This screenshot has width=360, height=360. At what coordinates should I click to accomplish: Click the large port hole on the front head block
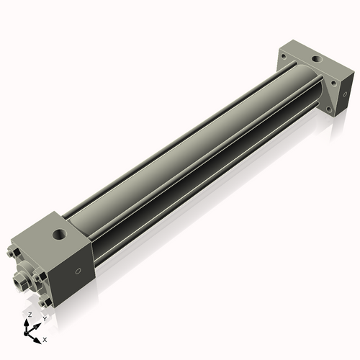pyautogui.click(x=57, y=234)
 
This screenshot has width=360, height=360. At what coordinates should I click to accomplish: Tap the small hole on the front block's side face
pyautogui.click(x=78, y=271)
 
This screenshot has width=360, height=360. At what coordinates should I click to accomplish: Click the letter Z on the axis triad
pyautogui.click(x=29, y=315)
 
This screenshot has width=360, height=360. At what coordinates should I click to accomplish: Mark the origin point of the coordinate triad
pyautogui.click(x=30, y=330)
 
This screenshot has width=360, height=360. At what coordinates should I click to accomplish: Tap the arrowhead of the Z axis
pyautogui.click(x=29, y=321)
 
